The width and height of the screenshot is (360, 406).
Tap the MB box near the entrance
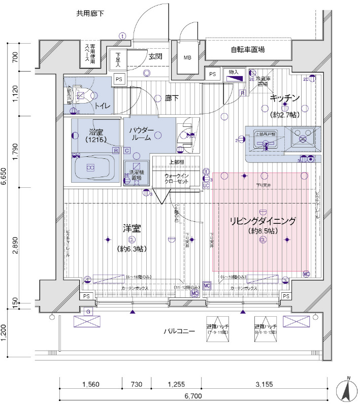tap(187, 58)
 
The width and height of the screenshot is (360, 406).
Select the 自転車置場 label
tap(247, 50)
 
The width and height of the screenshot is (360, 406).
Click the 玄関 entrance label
tap(155, 56)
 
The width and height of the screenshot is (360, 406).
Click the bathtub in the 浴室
tap(91, 167)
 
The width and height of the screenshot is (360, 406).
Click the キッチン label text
tap(285, 97)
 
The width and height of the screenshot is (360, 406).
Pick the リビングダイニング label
tap(263, 221)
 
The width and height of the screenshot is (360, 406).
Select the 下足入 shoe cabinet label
tap(118, 60)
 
